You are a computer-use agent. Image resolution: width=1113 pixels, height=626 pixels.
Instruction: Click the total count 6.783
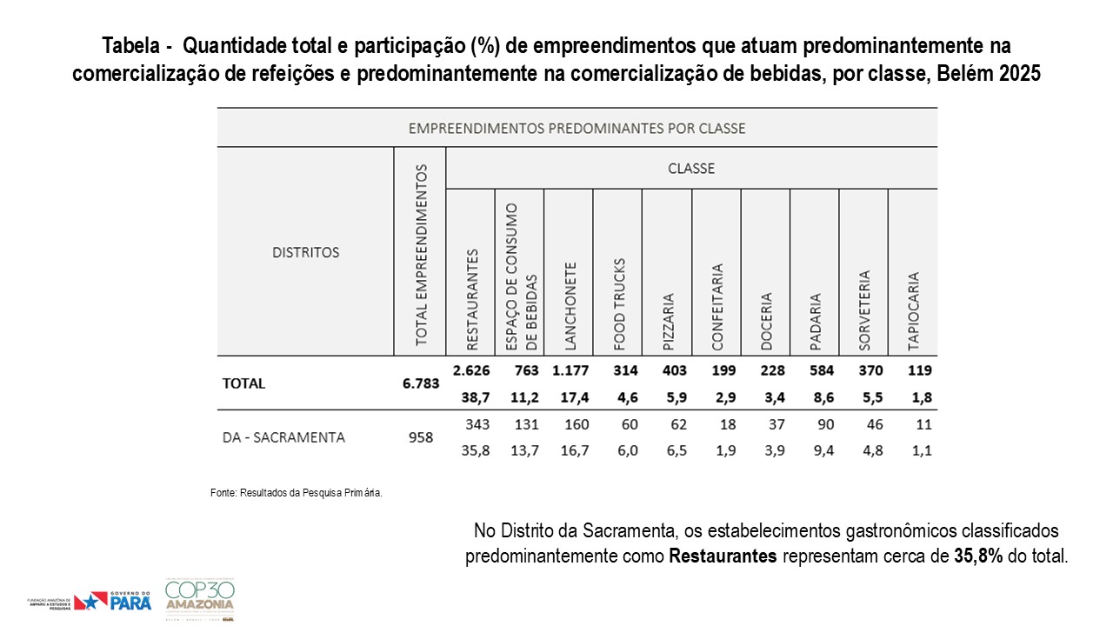pyautogui.click(x=419, y=383)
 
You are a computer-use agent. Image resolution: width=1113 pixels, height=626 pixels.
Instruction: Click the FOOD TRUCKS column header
pyautogui.click(x=620, y=304)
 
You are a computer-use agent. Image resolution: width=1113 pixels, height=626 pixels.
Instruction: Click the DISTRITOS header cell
pyautogui.click(x=305, y=252)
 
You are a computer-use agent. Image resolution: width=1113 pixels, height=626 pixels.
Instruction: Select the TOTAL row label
pyautogui.click(x=244, y=383)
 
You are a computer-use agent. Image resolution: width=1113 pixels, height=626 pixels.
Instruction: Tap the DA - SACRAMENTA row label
pyautogui.click(x=283, y=437)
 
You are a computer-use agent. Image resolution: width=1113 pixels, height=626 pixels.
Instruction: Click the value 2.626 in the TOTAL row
pyautogui.click(x=471, y=370)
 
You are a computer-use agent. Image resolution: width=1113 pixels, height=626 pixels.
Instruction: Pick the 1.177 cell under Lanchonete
pyautogui.click(x=570, y=370)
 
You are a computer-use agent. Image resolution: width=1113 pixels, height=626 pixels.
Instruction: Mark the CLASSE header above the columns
pyautogui.click(x=690, y=169)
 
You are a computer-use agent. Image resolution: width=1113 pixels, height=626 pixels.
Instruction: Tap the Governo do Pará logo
pyautogui.click(x=113, y=600)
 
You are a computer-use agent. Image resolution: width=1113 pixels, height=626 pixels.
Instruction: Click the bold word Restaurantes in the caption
pyautogui.click(x=723, y=556)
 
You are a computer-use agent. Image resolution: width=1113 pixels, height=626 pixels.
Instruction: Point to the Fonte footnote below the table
pyautogui.click(x=297, y=493)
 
